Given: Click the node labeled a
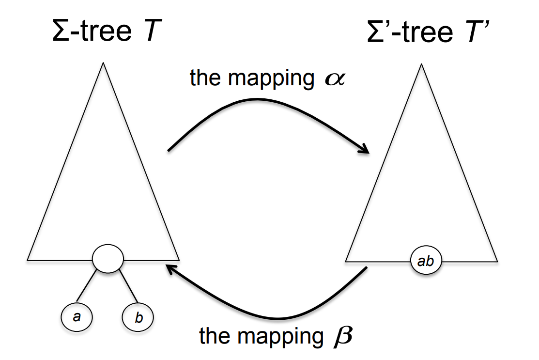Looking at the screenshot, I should click(x=77, y=316).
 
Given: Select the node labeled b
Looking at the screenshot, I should click(x=138, y=318).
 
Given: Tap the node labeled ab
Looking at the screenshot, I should click(x=426, y=262).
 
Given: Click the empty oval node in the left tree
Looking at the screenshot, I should click(x=108, y=258).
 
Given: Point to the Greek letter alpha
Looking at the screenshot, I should click(x=334, y=79).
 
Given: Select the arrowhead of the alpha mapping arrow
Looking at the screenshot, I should click(x=364, y=149).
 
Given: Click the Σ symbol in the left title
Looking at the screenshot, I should click(x=62, y=31).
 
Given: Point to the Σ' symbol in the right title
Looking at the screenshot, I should click(x=379, y=31).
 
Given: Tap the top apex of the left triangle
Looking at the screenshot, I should click(x=103, y=63).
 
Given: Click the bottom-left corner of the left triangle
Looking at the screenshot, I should click(x=28, y=260).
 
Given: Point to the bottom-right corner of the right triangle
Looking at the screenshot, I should click(x=497, y=262).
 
